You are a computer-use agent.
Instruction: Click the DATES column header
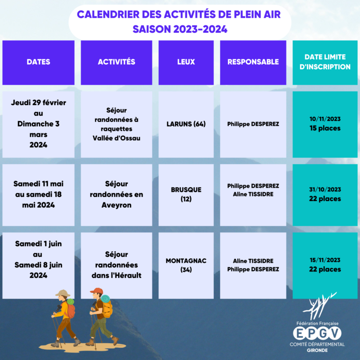point(38,62)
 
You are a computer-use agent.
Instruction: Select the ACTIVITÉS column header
point(116,62)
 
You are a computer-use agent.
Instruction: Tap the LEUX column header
point(186,62)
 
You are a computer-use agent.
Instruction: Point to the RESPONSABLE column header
point(253,62)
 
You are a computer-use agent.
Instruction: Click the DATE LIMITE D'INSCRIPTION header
point(325,62)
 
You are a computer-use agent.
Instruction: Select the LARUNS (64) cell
point(186,124)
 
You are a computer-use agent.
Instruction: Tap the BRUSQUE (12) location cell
point(186,194)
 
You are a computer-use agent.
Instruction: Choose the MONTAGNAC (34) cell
point(186,265)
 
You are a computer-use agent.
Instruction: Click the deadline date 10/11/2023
point(325,119)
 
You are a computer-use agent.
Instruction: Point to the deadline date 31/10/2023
point(325,190)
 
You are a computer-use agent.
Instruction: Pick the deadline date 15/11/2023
point(325,260)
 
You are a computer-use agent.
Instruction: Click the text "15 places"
point(325,128)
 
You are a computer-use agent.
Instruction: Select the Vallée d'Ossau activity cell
point(116,124)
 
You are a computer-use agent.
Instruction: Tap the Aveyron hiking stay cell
point(116,195)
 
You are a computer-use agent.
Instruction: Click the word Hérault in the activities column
point(127,275)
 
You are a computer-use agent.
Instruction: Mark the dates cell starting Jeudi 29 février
point(38,124)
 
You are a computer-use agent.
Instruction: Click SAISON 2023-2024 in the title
point(180,30)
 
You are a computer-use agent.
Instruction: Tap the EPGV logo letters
point(317,333)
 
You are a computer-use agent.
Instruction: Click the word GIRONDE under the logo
point(317,350)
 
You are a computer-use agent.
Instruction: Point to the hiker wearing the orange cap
point(101,316)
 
